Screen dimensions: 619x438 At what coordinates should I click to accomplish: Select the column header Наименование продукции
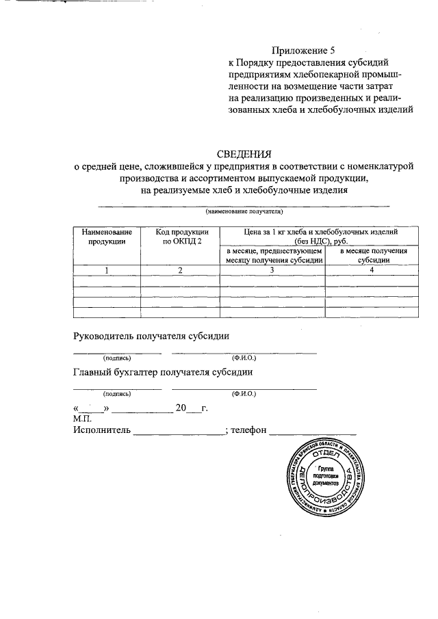point(106,237)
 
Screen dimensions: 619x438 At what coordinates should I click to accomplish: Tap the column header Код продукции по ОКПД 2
point(179,237)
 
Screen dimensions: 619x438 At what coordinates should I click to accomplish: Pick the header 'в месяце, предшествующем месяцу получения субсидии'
point(272,255)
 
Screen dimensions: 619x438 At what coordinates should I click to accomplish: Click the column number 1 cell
point(106,270)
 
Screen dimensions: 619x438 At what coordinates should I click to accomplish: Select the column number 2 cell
point(179,270)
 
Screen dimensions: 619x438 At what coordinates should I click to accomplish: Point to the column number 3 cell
point(272,270)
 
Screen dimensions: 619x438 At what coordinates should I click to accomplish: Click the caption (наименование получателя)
point(244,212)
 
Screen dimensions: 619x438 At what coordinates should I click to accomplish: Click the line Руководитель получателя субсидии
point(151,336)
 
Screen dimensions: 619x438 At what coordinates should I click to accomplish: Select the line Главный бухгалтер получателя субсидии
point(163,372)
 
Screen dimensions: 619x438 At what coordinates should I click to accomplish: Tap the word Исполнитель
point(102,430)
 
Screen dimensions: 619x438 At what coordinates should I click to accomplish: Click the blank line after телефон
point(313,432)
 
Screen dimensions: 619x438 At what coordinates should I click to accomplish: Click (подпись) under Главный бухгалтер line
point(117,394)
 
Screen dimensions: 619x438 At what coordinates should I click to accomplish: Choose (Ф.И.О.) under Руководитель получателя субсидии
point(244,358)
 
